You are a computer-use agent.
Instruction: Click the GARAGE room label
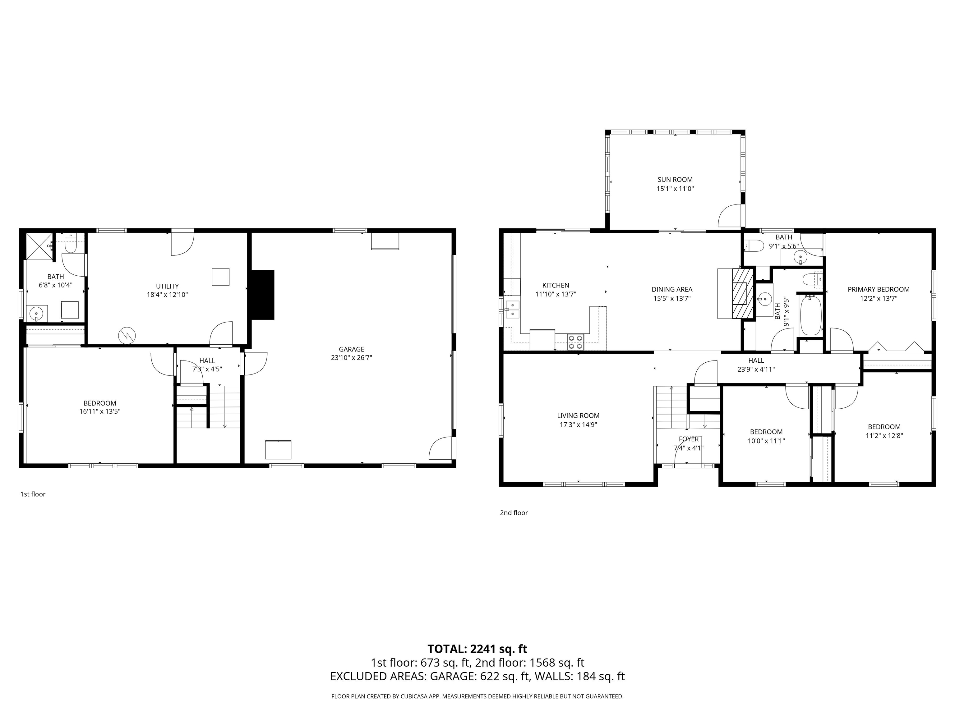(x=351, y=349)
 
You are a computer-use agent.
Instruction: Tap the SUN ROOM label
(x=675, y=180)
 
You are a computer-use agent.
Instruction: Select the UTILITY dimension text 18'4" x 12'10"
(x=168, y=295)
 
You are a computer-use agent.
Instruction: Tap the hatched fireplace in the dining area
(x=742, y=293)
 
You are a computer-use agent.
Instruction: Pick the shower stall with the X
(x=39, y=246)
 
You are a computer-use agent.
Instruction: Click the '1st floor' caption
(x=33, y=494)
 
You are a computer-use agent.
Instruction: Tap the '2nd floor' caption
(x=514, y=513)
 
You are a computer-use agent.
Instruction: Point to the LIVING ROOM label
(x=578, y=415)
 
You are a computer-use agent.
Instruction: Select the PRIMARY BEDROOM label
(x=879, y=289)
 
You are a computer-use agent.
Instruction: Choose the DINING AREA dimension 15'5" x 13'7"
(x=672, y=298)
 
